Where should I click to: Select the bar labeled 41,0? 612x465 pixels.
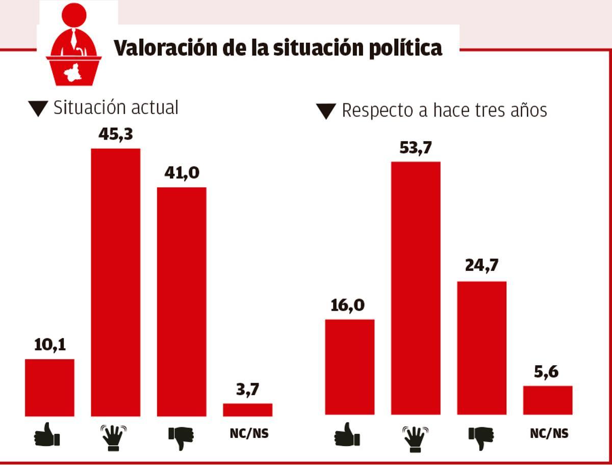click(x=181, y=302)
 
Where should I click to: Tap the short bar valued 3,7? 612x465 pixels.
click(x=247, y=409)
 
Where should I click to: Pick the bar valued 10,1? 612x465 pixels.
click(x=49, y=387)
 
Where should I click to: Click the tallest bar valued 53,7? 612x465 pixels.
click(x=415, y=288)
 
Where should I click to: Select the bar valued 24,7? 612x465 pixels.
click(x=481, y=348)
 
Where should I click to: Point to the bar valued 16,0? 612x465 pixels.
click(x=349, y=367)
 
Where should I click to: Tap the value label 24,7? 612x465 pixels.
click(x=481, y=265)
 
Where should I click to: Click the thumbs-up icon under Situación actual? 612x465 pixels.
click(x=47, y=434)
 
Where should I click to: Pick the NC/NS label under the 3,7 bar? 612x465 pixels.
click(x=247, y=434)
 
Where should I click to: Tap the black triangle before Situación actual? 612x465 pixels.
click(x=38, y=108)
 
